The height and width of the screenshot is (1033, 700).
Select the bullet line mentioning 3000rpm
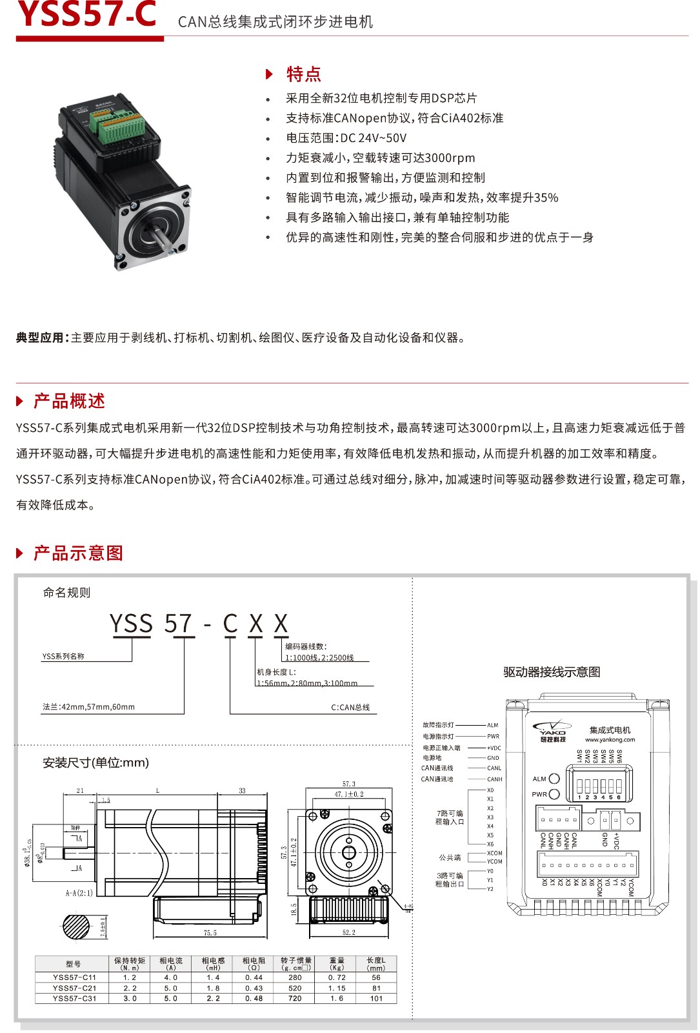click(x=380, y=158)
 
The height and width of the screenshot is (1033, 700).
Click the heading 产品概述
click(x=69, y=401)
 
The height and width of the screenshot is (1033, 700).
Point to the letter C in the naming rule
click(x=230, y=624)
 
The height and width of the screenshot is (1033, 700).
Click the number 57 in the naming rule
click(x=178, y=624)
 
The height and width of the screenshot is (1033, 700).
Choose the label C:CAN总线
click(x=350, y=708)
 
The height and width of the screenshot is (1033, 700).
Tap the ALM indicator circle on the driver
click(x=554, y=779)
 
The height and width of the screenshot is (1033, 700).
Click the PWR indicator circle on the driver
click(x=554, y=794)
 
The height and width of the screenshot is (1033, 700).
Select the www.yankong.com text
click(x=610, y=740)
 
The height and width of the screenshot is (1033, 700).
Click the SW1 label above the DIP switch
click(x=579, y=756)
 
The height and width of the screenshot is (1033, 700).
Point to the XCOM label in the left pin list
click(x=494, y=853)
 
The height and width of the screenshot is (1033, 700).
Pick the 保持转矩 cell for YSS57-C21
click(x=130, y=988)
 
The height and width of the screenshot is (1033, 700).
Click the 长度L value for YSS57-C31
click(x=376, y=998)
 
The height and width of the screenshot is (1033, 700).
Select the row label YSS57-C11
click(x=74, y=977)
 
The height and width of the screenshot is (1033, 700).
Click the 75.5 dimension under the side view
click(x=210, y=932)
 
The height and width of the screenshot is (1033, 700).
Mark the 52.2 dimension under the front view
click(x=349, y=932)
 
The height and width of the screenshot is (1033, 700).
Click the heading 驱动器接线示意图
click(x=552, y=672)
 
